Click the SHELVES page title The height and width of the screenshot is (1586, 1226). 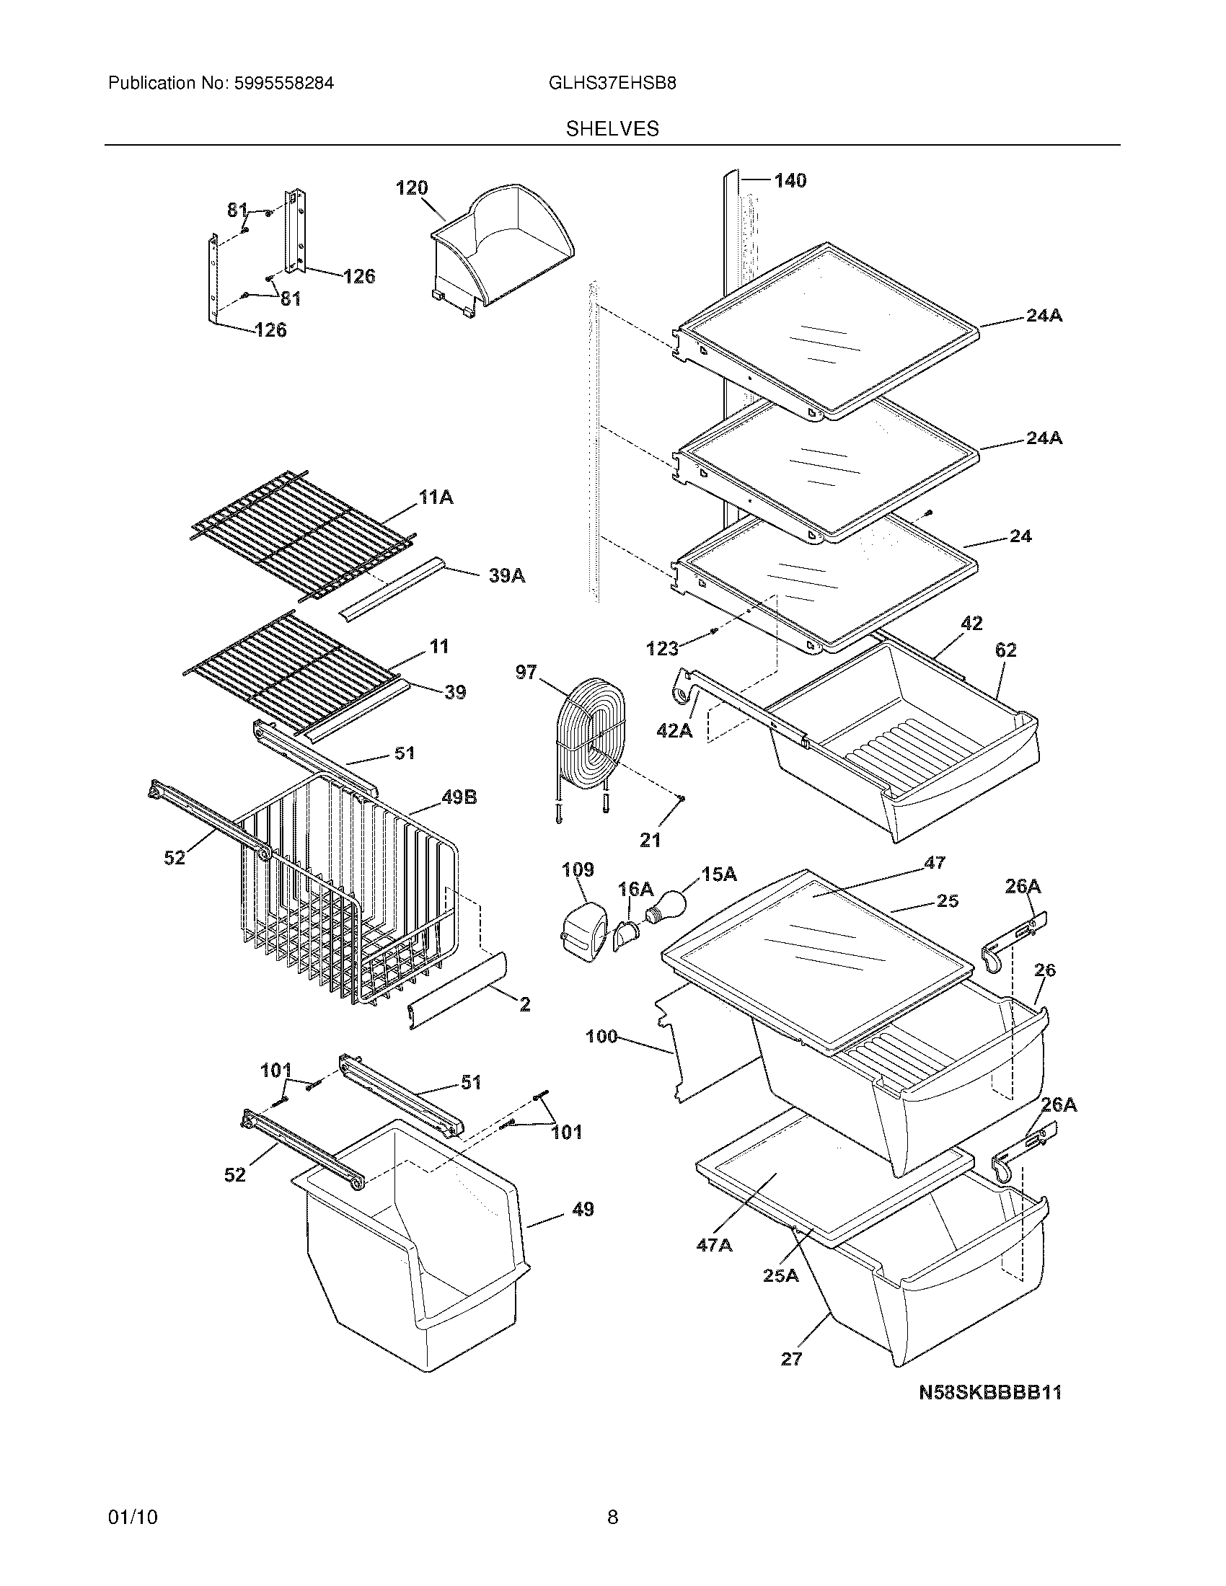coord(612,129)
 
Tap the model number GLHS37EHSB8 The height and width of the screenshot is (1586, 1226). coord(612,84)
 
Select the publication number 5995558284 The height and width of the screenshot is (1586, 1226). coord(284,84)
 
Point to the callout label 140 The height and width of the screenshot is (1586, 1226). coord(790,181)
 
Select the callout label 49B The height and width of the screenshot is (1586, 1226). coord(459,797)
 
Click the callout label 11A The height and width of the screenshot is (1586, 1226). coord(436,497)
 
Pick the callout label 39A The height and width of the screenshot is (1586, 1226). coord(507,576)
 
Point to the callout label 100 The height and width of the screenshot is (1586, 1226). coord(601,1036)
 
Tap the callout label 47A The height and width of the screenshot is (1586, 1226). coord(714,1245)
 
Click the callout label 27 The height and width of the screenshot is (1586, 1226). coord(791,1359)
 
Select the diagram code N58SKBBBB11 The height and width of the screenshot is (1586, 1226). coord(990,1412)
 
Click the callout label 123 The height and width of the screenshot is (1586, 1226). coord(662,649)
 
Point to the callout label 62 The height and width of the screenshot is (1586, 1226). coord(1005,650)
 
